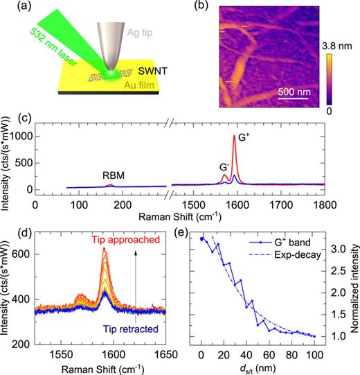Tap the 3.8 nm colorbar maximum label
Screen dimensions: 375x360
coord(340,49)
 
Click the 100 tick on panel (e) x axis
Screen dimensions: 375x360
coord(314,356)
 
